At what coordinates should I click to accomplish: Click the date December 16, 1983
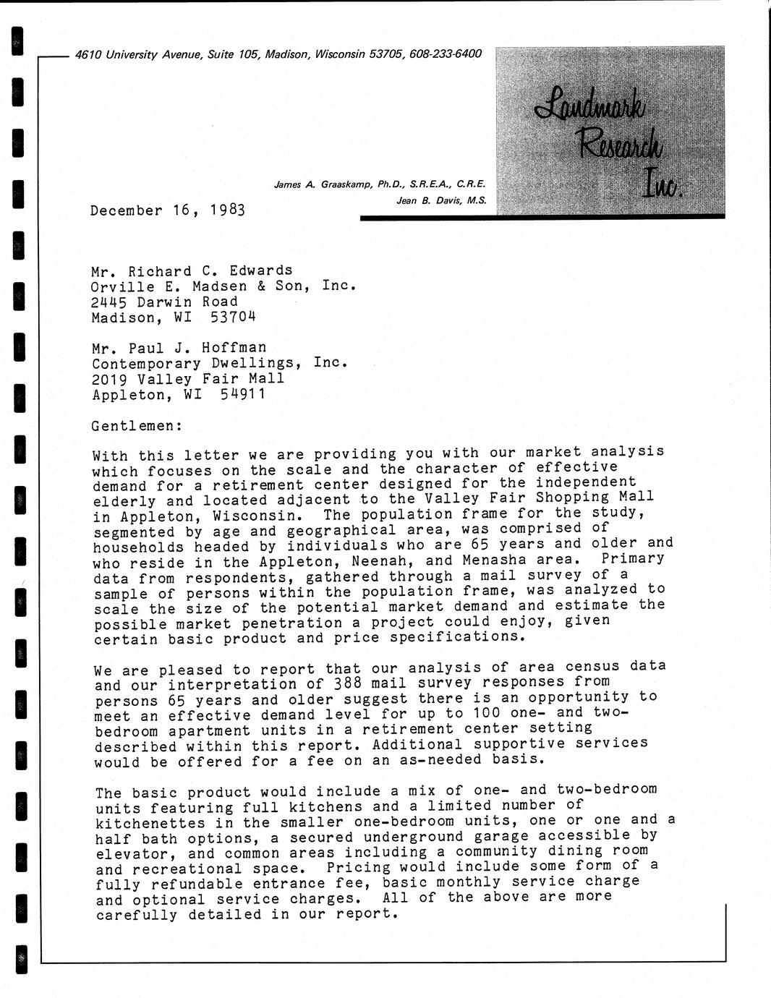[168, 210]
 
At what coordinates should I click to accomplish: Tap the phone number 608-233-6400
[445, 54]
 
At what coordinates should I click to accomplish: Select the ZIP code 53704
[233, 317]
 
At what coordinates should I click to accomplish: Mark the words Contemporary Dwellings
[192, 364]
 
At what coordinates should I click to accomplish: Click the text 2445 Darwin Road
[164, 302]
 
